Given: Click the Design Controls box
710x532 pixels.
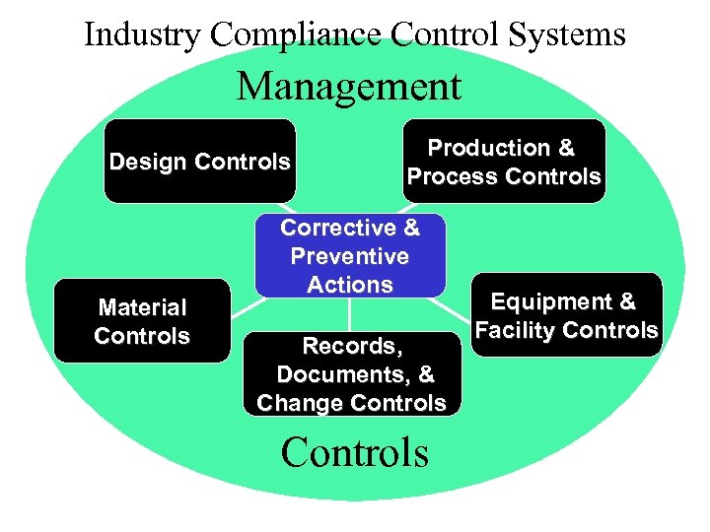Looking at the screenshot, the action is pos(199,162).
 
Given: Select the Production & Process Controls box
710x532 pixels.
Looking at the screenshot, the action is pos(503,162).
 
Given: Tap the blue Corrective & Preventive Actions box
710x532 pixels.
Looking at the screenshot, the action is pos(350,255).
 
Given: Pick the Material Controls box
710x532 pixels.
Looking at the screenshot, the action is pos(142,322).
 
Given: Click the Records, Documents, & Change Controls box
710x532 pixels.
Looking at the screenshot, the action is pos(351,373).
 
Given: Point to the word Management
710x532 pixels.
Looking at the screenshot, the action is pos(348,86).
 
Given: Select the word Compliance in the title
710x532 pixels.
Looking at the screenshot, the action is pos(295,34).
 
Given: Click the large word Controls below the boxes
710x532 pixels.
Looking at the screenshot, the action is pos(354,452).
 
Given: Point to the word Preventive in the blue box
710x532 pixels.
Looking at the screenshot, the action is pos(350,256).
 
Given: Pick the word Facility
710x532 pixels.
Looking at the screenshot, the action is pos(524,330).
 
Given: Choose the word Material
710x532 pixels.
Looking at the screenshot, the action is pos(142,307).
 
